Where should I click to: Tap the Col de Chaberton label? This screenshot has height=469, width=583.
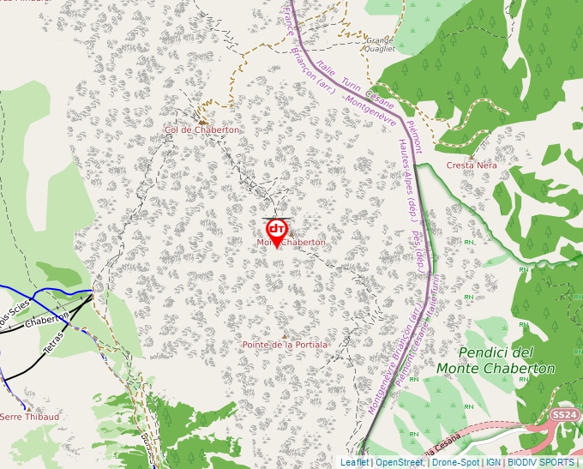pyautogui.click(x=202, y=129)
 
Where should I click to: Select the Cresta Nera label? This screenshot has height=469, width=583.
pyautogui.click(x=471, y=165)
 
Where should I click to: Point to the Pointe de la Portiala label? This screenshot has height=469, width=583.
pyautogui.click(x=285, y=345)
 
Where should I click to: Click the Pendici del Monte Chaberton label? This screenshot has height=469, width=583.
pyautogui.click(x=496, y=360)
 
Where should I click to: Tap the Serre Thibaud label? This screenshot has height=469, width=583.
pyautogui.click(x=30, y=417)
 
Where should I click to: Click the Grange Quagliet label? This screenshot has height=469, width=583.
pyautogui.click(x=380, y=45)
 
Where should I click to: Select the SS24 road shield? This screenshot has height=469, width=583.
pyautogui.click(x=562, y=415)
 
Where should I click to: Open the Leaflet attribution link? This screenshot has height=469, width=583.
pyautogui.click(x=354, y=462)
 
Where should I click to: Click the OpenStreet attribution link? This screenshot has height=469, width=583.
pyautogui.click(x=399, y=462)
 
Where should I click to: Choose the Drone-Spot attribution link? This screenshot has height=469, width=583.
pyautogui.click(x=455, y=462)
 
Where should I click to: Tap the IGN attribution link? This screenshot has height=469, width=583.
pyautogui.click(x=493, y=462)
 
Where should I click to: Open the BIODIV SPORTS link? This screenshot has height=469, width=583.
pyautogui.click(x=540, y=462)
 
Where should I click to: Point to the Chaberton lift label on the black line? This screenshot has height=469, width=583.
pyautogui.click(x=46, y=319)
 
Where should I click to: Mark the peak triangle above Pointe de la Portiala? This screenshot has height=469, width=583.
pyautogui.click(x=285, y=335)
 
